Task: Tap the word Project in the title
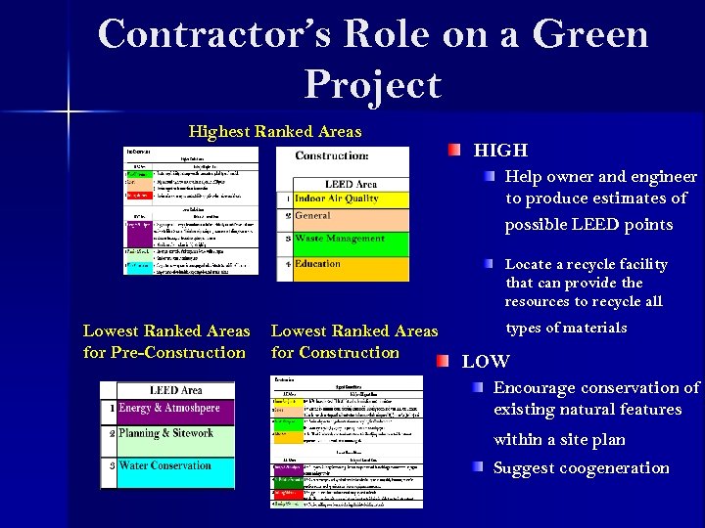coord(372,84)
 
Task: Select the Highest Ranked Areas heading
coord(275,131)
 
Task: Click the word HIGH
coord(500,151)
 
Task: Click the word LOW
coord(486,361)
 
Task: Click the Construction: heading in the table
coord(332,155)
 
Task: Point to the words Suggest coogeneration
coord(581,467)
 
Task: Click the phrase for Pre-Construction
coord(164,352)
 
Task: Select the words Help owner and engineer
coord(600,177)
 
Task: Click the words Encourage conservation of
coord(595,388)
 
